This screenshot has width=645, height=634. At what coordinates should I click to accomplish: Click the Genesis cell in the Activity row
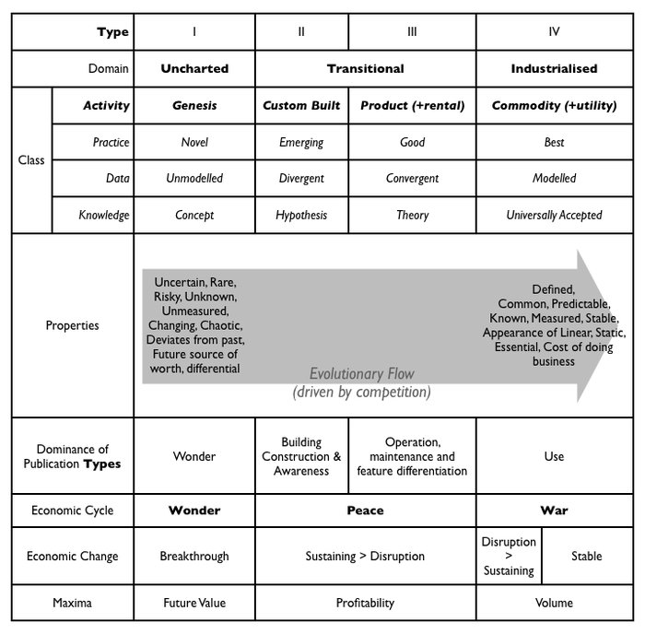click(194, 106)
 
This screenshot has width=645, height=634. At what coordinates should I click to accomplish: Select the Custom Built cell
click(301, 106)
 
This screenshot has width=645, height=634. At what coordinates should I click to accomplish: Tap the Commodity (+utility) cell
click(554, 106)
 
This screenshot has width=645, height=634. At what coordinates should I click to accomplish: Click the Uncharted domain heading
click(194, 68)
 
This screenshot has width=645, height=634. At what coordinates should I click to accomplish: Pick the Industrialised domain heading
click(554, 68)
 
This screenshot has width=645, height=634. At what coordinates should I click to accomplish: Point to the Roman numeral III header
click(412, 32)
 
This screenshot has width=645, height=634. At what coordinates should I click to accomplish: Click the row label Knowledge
click(103, 216)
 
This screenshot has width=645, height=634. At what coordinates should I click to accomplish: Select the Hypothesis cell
click(301, 216)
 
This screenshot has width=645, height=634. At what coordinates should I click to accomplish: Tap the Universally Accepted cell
click(554, 216)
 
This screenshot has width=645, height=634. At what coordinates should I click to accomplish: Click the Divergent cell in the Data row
click(301, 179)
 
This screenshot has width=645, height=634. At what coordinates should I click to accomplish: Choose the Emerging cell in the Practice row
click(301, 143)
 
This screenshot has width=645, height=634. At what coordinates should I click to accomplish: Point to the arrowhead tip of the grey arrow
click(610, 325)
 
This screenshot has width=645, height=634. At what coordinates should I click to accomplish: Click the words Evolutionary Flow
click(361, 374)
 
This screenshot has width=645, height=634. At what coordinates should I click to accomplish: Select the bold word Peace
click(365, 511)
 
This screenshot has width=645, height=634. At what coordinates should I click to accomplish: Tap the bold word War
click(554, 511)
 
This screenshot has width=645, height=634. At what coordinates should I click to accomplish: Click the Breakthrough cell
click(194, 557)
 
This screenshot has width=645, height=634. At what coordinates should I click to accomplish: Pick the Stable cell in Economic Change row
click(586, 557)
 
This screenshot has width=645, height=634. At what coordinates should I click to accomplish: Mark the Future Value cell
click(194, 604)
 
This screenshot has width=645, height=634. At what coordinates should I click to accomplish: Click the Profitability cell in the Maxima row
click(365, 604)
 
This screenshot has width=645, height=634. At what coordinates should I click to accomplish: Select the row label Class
click(31, 160)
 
